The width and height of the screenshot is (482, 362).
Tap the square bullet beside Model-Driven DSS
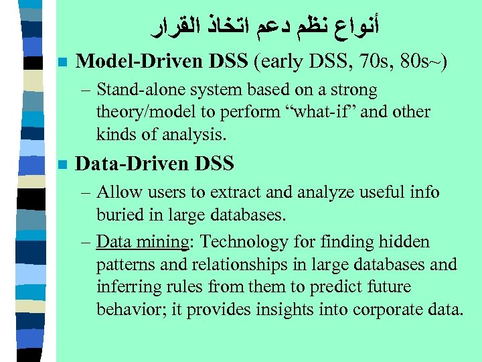tap(62, 62)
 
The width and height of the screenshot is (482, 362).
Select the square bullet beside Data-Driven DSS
tap(62, 163)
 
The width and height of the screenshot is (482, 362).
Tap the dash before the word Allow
tap(87, 193)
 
